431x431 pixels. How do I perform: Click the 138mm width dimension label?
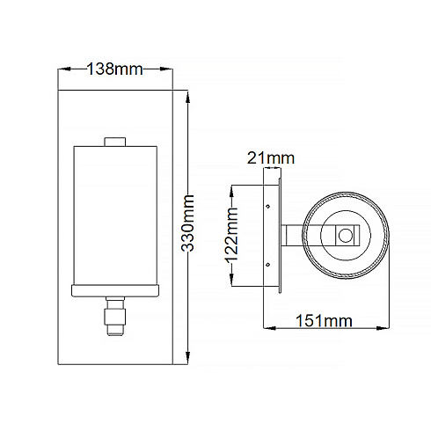click(x=115, y=69)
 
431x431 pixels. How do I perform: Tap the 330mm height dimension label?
click(x=187, y=223)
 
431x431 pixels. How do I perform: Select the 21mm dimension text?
click(x=271, y=158)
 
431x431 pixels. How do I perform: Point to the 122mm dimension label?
click(x=231, y=235)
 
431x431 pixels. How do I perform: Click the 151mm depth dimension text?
click(x=324, y=321)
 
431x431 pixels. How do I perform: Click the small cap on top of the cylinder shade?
click(x=115, y=142)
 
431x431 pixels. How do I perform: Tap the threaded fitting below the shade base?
click(x=115, y=316)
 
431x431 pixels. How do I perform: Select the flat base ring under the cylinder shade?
click(x=115, y=290)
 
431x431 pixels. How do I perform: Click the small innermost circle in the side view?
click(x=346, y=236)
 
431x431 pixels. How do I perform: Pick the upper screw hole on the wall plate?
click(x=267, y=207)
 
